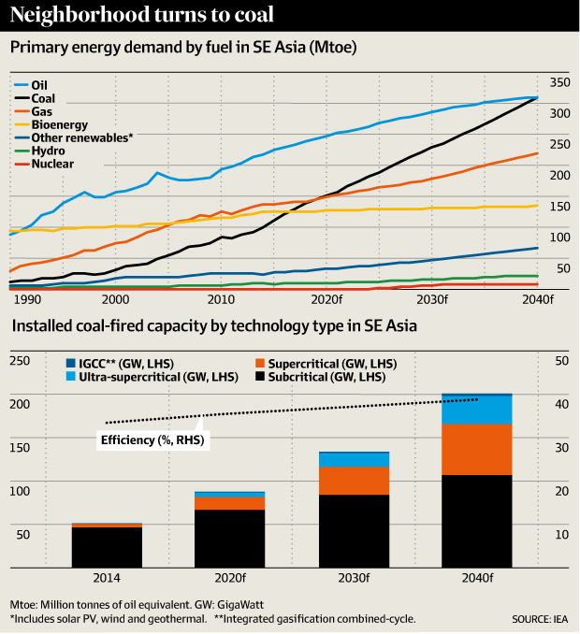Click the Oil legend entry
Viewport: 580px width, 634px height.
40,83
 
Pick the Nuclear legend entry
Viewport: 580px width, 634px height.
51,164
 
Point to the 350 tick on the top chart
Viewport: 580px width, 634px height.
559,82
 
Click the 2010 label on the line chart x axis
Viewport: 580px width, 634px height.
221,300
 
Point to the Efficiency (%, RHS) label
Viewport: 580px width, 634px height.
152,439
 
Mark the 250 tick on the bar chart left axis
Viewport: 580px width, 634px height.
22,360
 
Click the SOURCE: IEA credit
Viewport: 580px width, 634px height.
540,618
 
